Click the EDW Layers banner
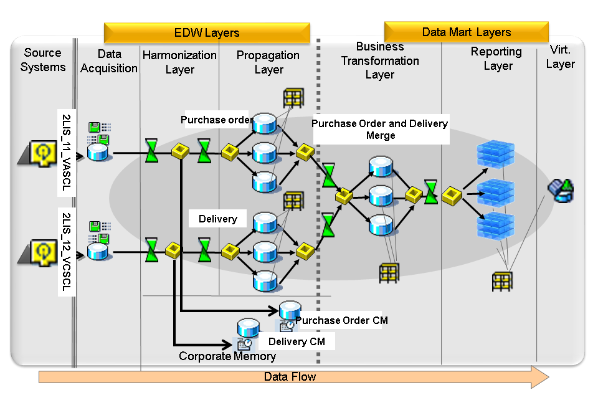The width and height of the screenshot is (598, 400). point(207,33)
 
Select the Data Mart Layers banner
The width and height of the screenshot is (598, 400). point(466,32)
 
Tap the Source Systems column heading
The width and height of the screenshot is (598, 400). point(43,60)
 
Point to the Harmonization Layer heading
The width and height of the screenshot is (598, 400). point(179,62)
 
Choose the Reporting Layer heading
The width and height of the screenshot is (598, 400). point(497,59)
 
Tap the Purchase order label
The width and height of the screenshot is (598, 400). point(216,120)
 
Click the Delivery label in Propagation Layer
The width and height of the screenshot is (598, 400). point(217,219)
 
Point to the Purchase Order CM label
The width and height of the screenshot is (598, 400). point(341,320)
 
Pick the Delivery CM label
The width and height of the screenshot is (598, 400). point(296,341)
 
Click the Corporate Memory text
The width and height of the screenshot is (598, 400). point(227,356)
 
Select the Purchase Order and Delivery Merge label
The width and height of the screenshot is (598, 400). point(380,130)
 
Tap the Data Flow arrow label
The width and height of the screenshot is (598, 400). point(290,377)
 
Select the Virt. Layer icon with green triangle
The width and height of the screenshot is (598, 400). point(561,191)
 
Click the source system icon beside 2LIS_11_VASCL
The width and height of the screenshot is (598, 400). point(42,152)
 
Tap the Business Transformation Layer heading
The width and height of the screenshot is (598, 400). point(380,60)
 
